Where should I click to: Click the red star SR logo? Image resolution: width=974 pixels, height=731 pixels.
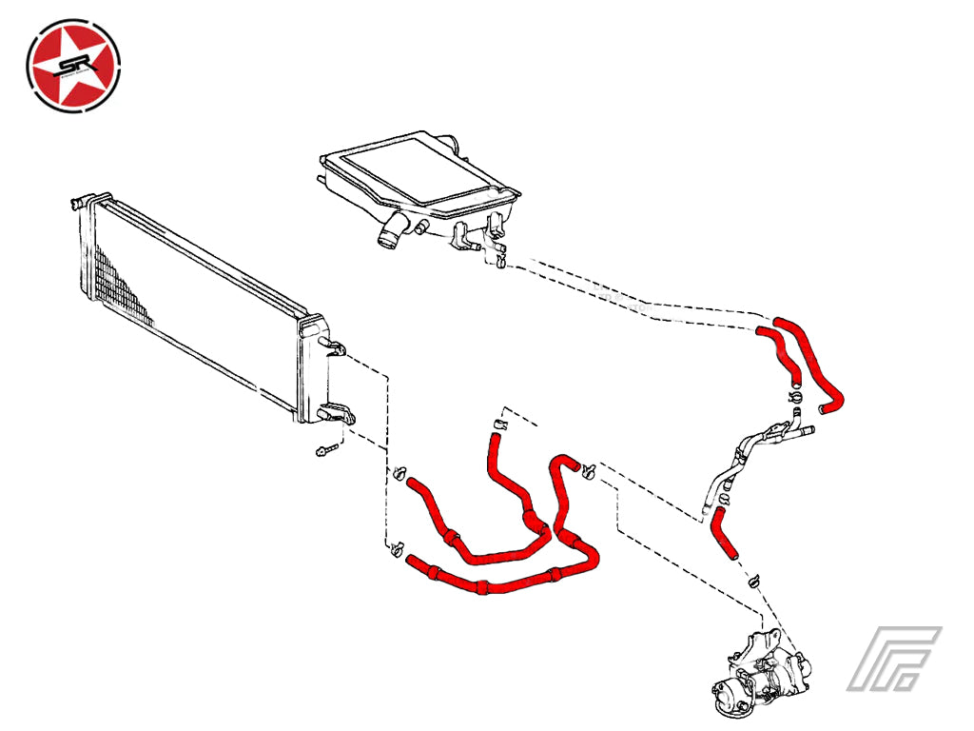[x=73, y=66]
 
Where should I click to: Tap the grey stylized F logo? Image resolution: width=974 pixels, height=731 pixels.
[x=894, y=659]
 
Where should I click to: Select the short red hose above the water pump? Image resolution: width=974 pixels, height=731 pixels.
[x=724, y=532]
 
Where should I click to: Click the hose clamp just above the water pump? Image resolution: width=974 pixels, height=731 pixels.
[x=754, y=581]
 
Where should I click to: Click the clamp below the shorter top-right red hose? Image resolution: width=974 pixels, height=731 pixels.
[x=796, y=398]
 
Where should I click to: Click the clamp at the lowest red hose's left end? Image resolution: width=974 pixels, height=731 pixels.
[x=397, y=548]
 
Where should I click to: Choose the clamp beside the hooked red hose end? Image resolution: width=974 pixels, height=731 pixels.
[x=589, y=470]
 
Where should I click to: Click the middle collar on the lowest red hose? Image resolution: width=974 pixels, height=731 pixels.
[x=481, y=586]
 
